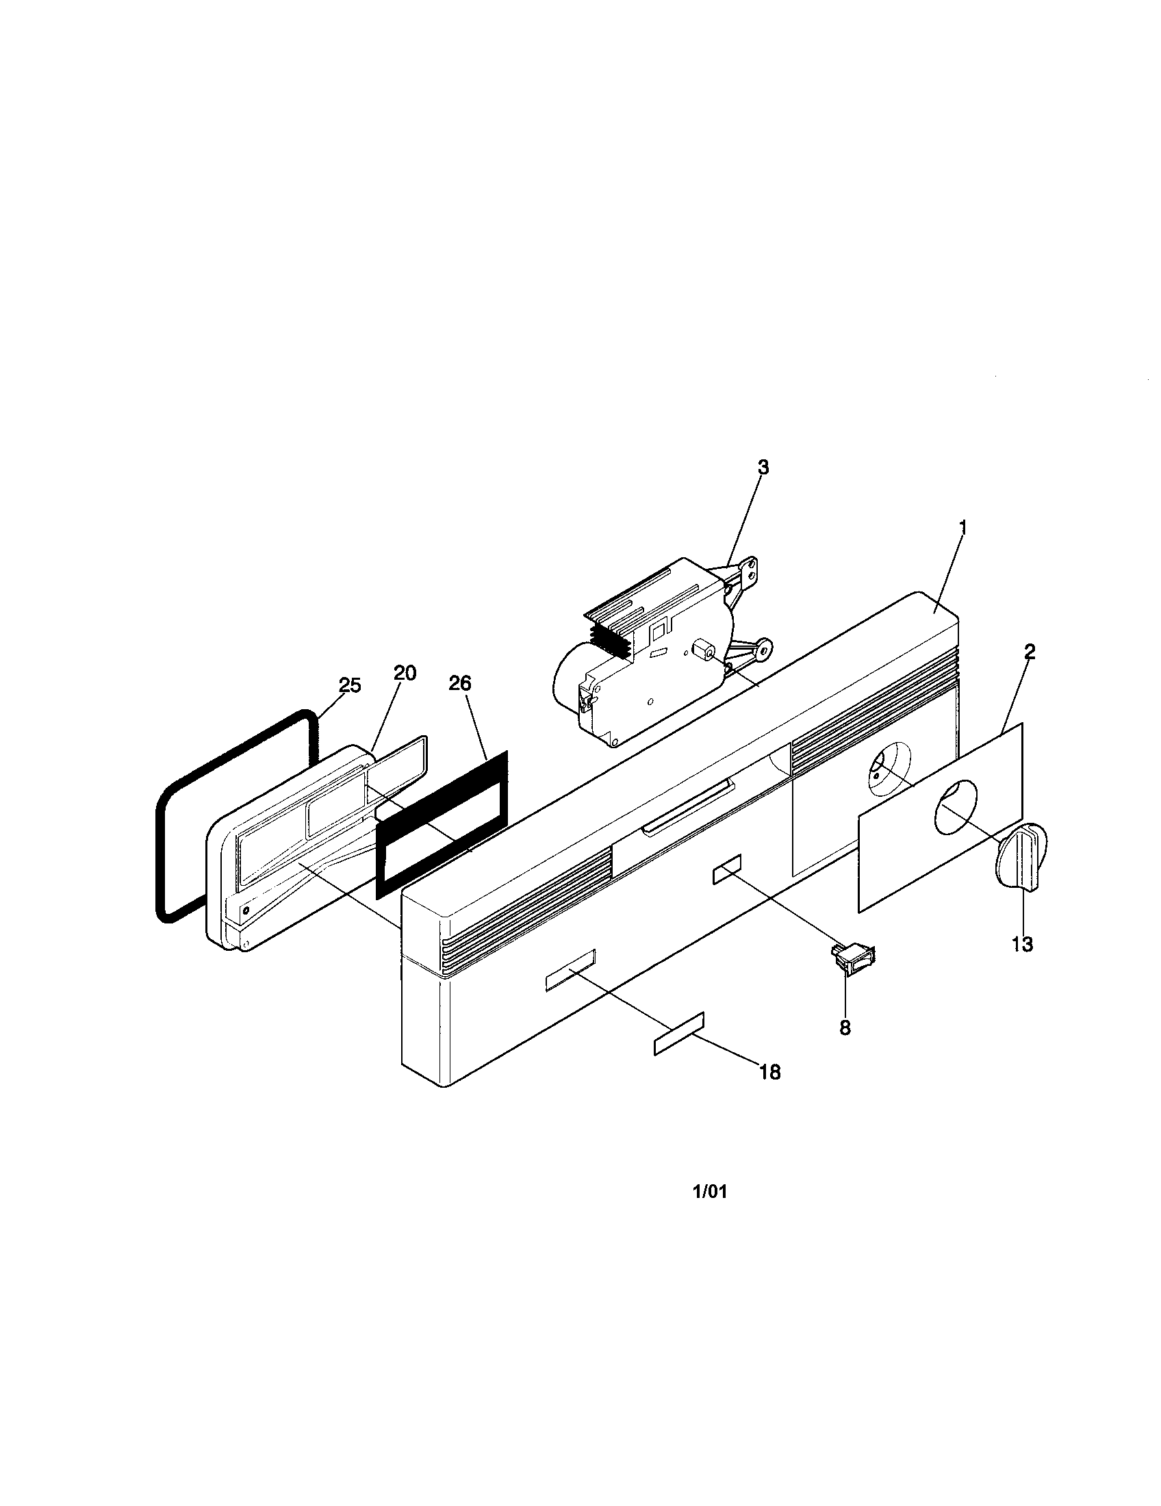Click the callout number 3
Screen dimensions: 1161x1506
[x=763, y=467]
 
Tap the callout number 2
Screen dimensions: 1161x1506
[x=1029, y=652]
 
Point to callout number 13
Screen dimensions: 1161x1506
[x=1023, y=944]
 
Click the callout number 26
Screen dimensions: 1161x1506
[x=460, y=682]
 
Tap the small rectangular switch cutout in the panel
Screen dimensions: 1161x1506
[x=728, y=871]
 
